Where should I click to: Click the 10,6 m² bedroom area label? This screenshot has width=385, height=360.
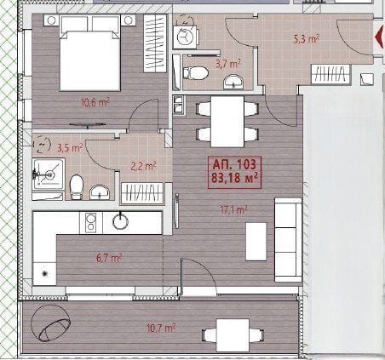(x=95, y=103)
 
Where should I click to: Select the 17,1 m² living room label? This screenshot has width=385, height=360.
(x=233, y=210)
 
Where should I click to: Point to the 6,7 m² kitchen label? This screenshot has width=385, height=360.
(x=109, y=258)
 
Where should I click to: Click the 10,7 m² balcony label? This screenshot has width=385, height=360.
(x=161, y=329)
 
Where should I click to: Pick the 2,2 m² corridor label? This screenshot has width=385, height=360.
(x=143, y=166)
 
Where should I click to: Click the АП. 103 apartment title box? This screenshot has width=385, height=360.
(x=234, y=172)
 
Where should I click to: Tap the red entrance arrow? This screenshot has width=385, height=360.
(x=379, y=37)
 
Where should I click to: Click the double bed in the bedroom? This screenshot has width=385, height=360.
(x=89, y=53)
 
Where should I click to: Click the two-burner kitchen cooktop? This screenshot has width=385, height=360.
(x=91, y=223)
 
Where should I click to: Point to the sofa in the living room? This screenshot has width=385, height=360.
(x=288, y=240)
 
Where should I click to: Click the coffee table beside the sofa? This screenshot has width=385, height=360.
(x=256, y=242)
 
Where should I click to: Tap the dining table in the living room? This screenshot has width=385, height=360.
(x=227, y=122)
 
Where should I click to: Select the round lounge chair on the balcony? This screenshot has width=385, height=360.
(x=50, y=323)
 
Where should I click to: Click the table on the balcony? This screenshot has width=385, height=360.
(x=233, y=335)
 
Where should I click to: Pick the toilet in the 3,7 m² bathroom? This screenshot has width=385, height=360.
(x=196, y=73)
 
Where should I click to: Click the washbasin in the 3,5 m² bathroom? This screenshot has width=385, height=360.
(x=100, y=192)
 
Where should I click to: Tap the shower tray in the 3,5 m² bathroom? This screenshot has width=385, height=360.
(x=49, y=174)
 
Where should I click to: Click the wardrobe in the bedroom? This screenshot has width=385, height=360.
(x=155, y=43)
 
